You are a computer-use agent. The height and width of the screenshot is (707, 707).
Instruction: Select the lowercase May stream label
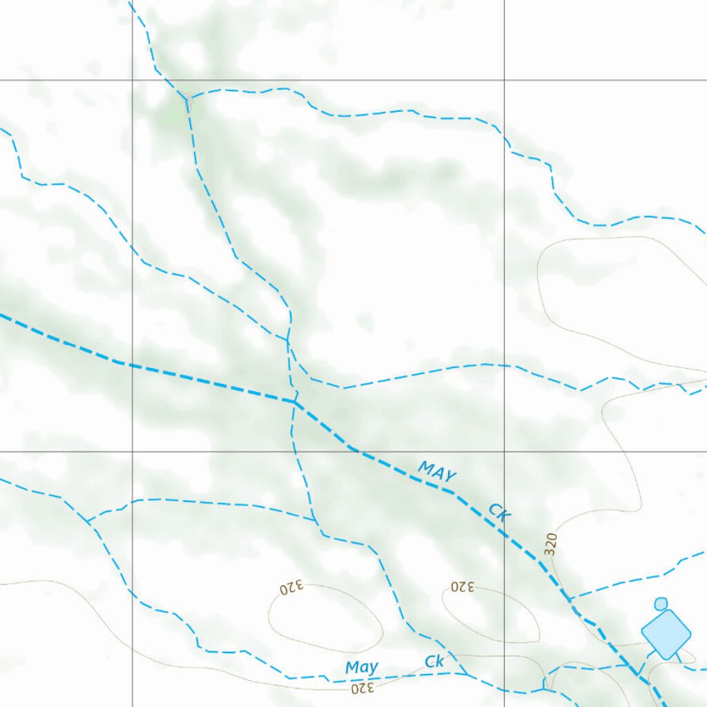pos(362,668)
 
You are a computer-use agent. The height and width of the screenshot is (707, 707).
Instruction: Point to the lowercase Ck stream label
pos(434,661)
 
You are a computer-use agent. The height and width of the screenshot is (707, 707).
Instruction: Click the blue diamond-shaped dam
pos(666,632)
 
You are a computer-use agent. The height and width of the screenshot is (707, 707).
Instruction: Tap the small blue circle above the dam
pos(661,603)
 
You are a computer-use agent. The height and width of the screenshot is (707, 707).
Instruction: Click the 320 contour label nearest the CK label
pos(550,544)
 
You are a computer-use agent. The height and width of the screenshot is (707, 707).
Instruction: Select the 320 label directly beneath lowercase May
pos(362,688)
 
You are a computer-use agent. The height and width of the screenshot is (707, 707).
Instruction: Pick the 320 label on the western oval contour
pos(291,588)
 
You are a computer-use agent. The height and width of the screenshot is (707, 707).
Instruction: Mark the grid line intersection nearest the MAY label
pos(504,452)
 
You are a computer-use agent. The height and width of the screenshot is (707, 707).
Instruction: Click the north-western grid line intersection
pos(133,80)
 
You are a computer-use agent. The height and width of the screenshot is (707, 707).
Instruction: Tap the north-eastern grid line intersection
pos(504,80)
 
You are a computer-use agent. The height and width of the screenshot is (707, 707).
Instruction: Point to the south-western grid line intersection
pos(133,452)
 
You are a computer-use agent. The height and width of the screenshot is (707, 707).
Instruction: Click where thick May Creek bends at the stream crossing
pos(295,400)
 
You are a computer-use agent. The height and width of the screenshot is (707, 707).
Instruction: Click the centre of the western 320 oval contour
pos(325,618)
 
